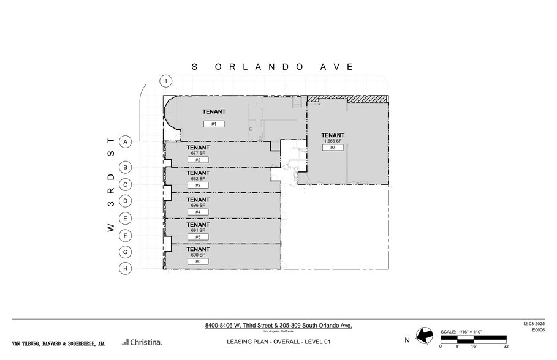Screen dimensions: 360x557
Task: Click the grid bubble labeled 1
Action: click(x=165, y=81)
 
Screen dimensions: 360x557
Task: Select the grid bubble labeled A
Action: click(x=125, y=141)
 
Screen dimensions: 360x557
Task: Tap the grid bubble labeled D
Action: click(x=125, y=201)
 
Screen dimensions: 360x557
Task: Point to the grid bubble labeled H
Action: click(x=125, y=268)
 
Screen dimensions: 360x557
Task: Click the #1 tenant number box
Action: click(x=214, y=124)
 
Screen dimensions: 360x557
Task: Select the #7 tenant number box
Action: click(x=332, y=148)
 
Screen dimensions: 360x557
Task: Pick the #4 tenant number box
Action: click(x=198, y=212)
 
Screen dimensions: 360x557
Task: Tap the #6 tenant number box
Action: click(x=198, y=261)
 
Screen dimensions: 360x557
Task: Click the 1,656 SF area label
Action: click(x=333, y=141)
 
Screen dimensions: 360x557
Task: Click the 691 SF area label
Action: click(x=198, y=230)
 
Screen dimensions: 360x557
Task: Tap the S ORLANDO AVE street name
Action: click(x=273, y=67)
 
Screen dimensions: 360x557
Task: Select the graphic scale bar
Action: click(x=473, y=338)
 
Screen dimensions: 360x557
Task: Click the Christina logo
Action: click(x=142, y=342)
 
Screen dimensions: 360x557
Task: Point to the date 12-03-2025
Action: click(x=533, y=324)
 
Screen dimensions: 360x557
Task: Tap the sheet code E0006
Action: click(x=537, y=329)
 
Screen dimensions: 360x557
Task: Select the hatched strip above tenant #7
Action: click(x=347, y=99)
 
